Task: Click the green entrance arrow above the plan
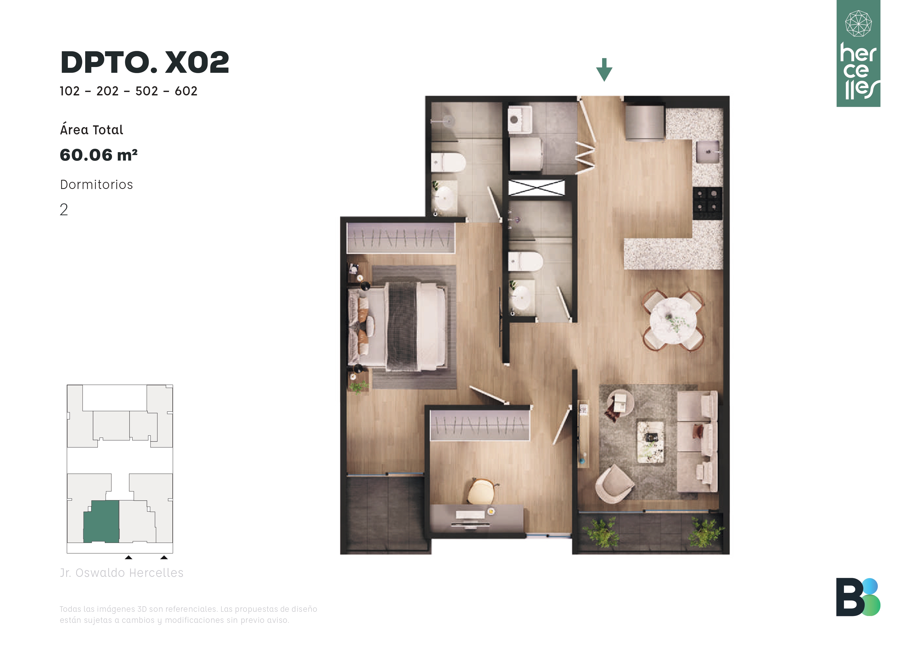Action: tap(604, 69)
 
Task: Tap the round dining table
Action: tap(673, 320)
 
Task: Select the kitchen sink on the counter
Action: tap(708, 152)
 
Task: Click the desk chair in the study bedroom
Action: tap(482, 491)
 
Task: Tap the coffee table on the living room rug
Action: tap(650, 441)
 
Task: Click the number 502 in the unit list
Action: tap(147, 91)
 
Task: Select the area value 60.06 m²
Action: tap(99, 155)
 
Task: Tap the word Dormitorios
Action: tap(96, 185)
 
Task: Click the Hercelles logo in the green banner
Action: tap(859, 53)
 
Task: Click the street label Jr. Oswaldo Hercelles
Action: tap(122, 573)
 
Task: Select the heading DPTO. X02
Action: tap(145, 62)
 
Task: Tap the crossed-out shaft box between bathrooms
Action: tap(536, 187)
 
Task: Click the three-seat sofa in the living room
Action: tap(697, 441)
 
